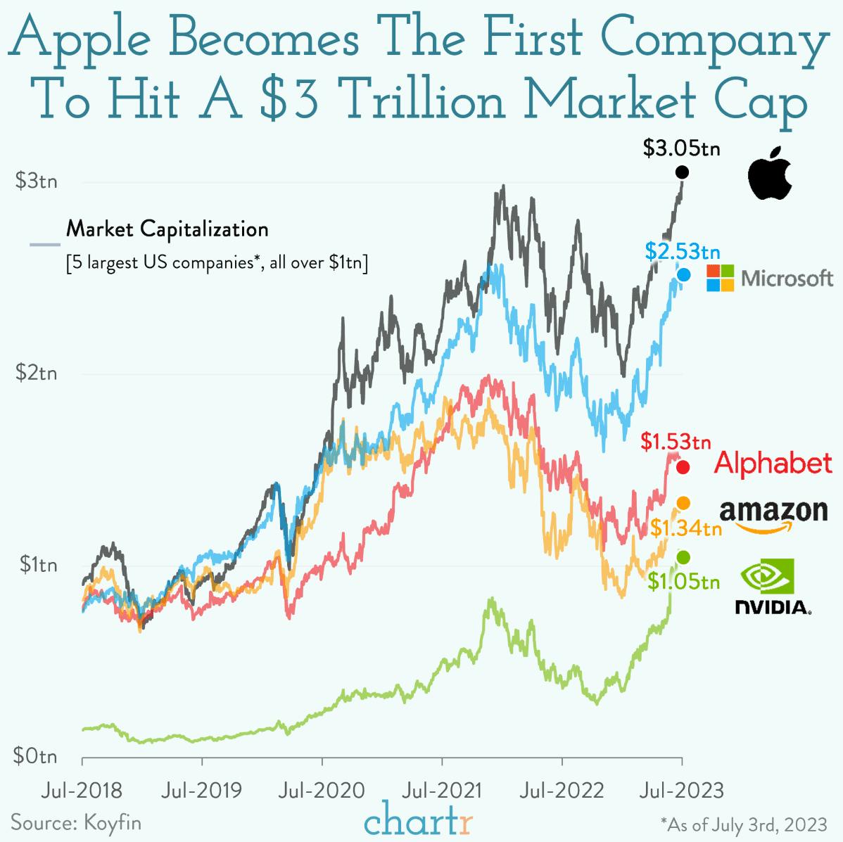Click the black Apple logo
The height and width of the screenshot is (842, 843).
click(770, 174)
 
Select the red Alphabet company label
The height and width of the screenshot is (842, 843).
click(773, 464)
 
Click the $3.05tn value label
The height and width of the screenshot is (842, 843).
click(681, 149)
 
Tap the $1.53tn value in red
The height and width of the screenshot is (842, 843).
click(676, 442)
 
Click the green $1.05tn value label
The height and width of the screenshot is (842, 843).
click(683, 582)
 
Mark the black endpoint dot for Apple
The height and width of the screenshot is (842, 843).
click(681, 172)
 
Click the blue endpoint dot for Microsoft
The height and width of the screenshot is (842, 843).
click(683, 275)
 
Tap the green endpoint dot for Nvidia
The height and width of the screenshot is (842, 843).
click(683, 557)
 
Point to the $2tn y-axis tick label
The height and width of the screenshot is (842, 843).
click(37, 373)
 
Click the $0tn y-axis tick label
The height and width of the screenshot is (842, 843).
click(37, 757)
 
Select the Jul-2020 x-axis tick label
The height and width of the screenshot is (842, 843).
click(322, 790)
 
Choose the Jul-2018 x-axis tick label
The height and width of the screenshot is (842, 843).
click(82, 790)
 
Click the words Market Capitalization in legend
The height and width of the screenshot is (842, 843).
click(167, 229)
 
